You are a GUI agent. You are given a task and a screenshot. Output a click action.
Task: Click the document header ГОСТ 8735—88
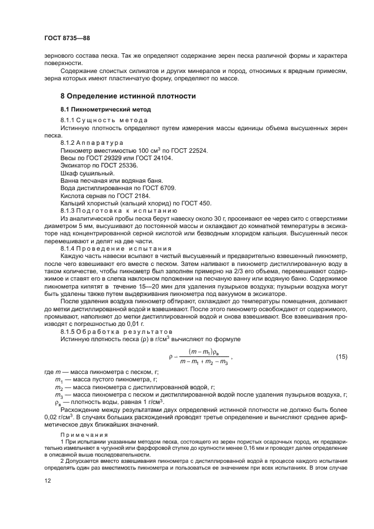pos(67,38)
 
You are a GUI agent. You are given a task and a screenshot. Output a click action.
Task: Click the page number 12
pos(48,480)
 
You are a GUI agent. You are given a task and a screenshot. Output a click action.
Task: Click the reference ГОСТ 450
pos(192,203)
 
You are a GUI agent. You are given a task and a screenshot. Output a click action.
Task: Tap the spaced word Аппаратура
pos(100,144)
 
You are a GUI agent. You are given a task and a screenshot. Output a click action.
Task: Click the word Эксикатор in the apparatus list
pos(77,166)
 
